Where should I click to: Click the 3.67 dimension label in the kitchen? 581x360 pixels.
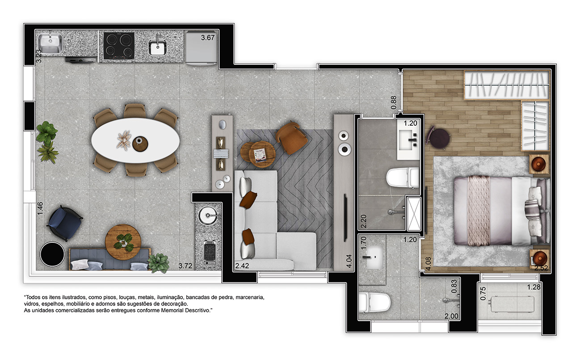[x=207, y=38]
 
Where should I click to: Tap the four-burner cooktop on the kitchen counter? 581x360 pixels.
[x=119, y=46]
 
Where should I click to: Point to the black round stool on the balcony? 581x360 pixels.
[x=52, y=254]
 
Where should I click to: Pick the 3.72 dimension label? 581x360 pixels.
[x=185, y=266]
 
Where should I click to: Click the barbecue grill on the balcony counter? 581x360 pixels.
[x=210, y=252]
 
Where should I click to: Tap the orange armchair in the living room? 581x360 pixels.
[x=291, y=138]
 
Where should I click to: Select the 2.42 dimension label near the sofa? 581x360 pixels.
[x=242, y=266]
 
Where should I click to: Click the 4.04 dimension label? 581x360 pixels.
[x=349, y=261]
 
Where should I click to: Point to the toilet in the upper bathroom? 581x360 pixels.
[x=403, y=178]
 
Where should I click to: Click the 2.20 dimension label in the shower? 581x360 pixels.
[x=364, y=221]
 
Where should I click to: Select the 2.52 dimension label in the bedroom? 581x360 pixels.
[x=541, y=268]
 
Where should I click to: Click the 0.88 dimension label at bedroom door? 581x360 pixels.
[x=394, y=103]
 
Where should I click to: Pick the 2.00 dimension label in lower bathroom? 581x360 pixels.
[x=451, y=316]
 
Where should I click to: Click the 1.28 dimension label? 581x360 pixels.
[x=534, y=287]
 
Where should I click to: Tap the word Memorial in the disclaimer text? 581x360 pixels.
[x=172, y=310]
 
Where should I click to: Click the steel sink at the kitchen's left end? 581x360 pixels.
[x=51, y=42]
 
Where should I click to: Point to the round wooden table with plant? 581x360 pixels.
[x=123, y=242]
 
